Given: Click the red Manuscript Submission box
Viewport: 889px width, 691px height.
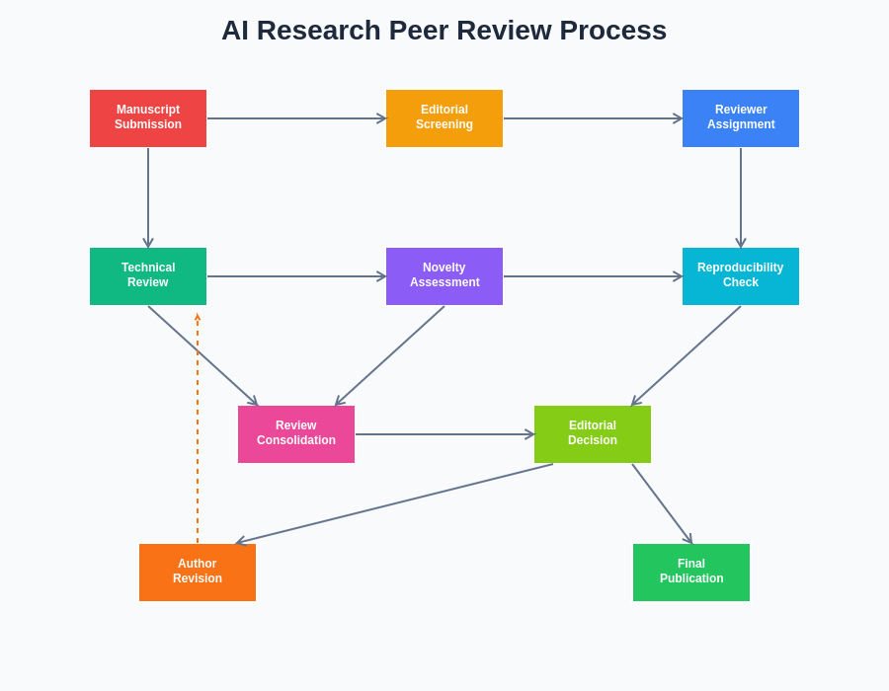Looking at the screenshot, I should pos(148,118).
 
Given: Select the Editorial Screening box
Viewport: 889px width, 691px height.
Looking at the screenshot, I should pos(444,118).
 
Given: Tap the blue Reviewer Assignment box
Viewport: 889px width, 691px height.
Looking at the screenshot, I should pos(741,118).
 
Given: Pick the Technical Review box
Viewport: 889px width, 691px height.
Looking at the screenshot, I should pos(148,276).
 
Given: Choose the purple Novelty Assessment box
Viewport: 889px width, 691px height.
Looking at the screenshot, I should pos(444,276).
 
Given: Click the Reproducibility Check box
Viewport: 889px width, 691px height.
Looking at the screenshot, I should pos(741,276).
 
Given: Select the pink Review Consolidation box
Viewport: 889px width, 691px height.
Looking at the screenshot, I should pos(296,434).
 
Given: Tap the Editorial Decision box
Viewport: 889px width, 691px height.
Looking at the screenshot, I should pos(593,434).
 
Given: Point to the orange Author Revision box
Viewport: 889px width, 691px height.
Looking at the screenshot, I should pos(198,573).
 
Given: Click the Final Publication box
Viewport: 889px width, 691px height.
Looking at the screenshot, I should pos(691,573).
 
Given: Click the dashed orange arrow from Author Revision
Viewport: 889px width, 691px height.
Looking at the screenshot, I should pos(198,434).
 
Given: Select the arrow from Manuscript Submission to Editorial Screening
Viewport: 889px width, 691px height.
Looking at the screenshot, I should pos(296,118).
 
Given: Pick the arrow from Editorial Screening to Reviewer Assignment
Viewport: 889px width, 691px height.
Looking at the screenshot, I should pos(593,118).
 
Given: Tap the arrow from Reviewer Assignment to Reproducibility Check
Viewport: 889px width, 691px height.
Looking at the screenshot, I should pos(741,197).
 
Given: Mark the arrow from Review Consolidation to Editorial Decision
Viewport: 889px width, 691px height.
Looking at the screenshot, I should pos(444,434).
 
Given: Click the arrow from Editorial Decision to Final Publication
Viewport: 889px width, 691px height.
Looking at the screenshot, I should pos(662,503).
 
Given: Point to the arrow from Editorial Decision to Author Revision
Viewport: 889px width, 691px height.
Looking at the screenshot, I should pos(395,503).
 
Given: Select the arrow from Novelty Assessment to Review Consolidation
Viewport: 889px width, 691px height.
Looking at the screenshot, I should pos(390,355).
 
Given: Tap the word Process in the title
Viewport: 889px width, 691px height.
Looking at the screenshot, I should pos(613,31).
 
